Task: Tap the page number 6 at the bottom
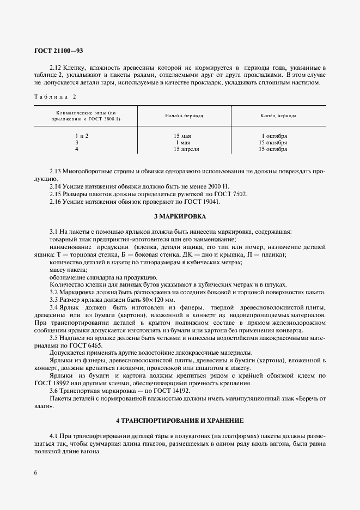tap(35, 472)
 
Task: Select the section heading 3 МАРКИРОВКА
tap(180, 216)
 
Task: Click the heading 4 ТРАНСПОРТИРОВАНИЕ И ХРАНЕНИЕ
tap(180, 421)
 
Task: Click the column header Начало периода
tap(184, 116)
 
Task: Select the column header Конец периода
tap(278, 116)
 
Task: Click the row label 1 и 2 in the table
tap(82, 135)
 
